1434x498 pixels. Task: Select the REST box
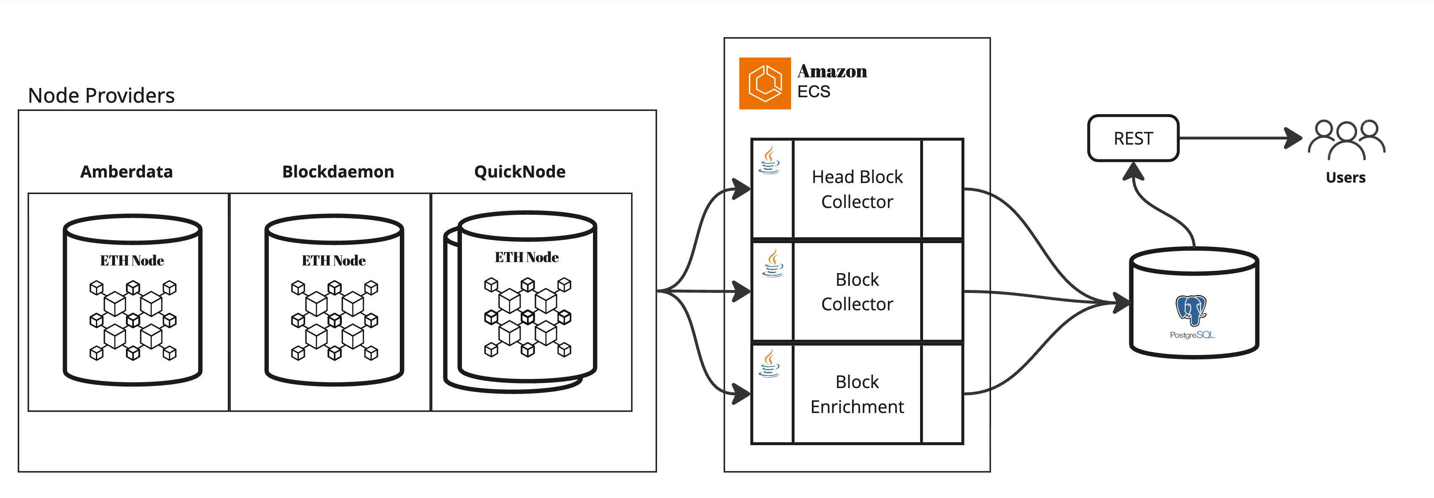(x=1133, y=138)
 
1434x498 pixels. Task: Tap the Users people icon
(x=1346, y=139)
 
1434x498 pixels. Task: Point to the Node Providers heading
(x=101, y=96)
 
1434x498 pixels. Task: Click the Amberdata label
(x=126, y=172)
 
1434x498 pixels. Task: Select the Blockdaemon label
(x=338, y=172)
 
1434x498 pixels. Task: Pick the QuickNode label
(x=519, y=172)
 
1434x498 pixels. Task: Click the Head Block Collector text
(x=857, y=189)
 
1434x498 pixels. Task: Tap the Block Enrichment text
(x=857, y=394)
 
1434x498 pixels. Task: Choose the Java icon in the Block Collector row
(x=773, y=263)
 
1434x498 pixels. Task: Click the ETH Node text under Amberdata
(x=132, y=261)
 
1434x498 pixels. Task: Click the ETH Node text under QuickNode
(x=527, y=257)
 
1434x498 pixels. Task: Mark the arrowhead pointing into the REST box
(x=1133, y=170)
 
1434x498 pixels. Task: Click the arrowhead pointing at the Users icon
(x=1294, y=138)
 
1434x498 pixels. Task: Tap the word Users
(x=1346, y=178)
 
